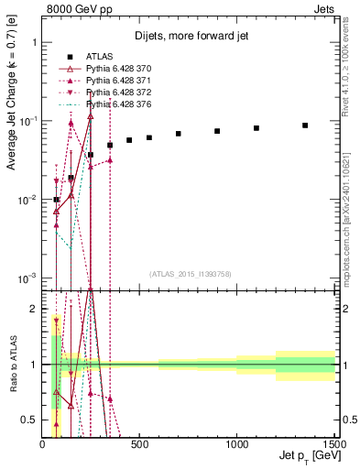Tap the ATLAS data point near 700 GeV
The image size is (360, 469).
click(179, 134)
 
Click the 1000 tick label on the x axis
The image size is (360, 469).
click(237, 446)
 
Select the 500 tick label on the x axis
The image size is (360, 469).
click(139, 446)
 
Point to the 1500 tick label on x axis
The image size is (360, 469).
click(333, 446)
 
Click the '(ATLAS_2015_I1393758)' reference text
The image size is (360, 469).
click(190, 273)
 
